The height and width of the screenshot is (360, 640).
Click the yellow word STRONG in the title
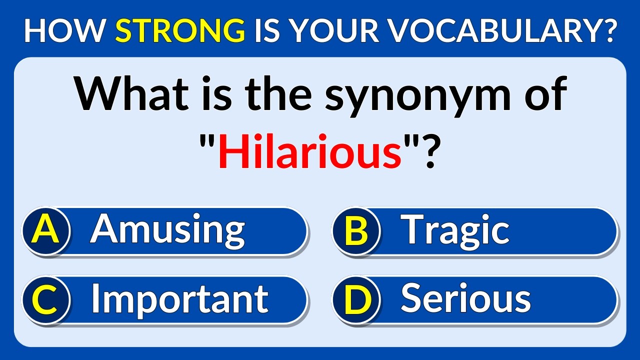click(x=180, y=31)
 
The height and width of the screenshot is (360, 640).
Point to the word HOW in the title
click(x=65, y=31)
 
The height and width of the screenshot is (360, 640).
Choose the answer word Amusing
click(x=167, y=230)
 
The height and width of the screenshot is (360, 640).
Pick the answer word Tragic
click(x=455, y=230)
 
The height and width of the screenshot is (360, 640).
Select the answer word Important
click(x=179, y=298)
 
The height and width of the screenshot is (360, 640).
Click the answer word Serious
click(x=465, y=298)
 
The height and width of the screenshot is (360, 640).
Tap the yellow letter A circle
click(x=45, y=231)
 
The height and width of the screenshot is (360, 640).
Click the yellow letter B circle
click(x=356, y=231)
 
